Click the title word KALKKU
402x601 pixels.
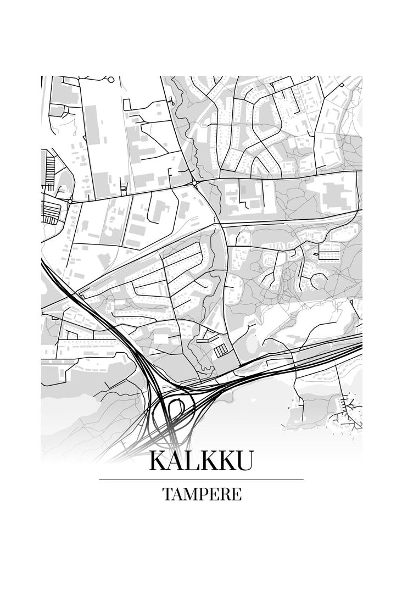[201, 460]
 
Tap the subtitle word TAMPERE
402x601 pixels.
[202, 494]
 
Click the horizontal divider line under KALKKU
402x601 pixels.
[201, 480]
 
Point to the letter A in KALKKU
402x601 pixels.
[175, 460]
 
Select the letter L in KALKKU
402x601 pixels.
[192, 460]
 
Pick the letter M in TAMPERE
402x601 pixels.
[188, 494]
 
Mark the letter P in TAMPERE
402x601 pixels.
[202, 494]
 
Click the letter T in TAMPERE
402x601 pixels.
[167, 494]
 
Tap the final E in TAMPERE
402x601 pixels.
[236, 494]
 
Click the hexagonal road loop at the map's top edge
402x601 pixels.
[111, 80]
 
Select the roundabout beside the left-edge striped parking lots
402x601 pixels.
[70, 202]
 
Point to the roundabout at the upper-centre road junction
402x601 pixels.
[194, 183]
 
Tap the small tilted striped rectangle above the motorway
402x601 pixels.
[221, 350]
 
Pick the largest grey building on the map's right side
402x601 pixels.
[333, 194]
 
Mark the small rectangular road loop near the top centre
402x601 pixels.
[126, 104]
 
